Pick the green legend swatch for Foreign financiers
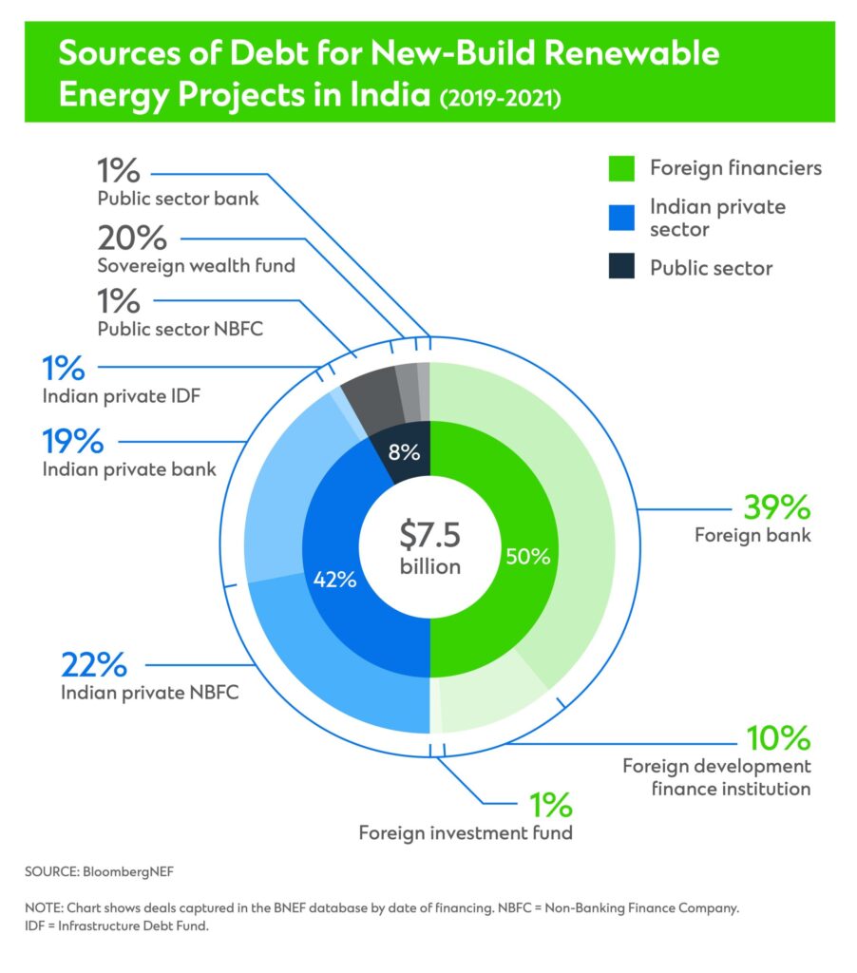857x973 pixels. [620, 169]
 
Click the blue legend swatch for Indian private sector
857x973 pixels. [620, 218]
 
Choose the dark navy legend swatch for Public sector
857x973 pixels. [620, 268]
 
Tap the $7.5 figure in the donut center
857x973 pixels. [429, 536]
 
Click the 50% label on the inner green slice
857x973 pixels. [528, 557]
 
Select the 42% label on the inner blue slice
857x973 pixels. [333, 579]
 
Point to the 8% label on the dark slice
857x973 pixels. [404, 452]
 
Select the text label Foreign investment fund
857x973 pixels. [466, 833]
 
